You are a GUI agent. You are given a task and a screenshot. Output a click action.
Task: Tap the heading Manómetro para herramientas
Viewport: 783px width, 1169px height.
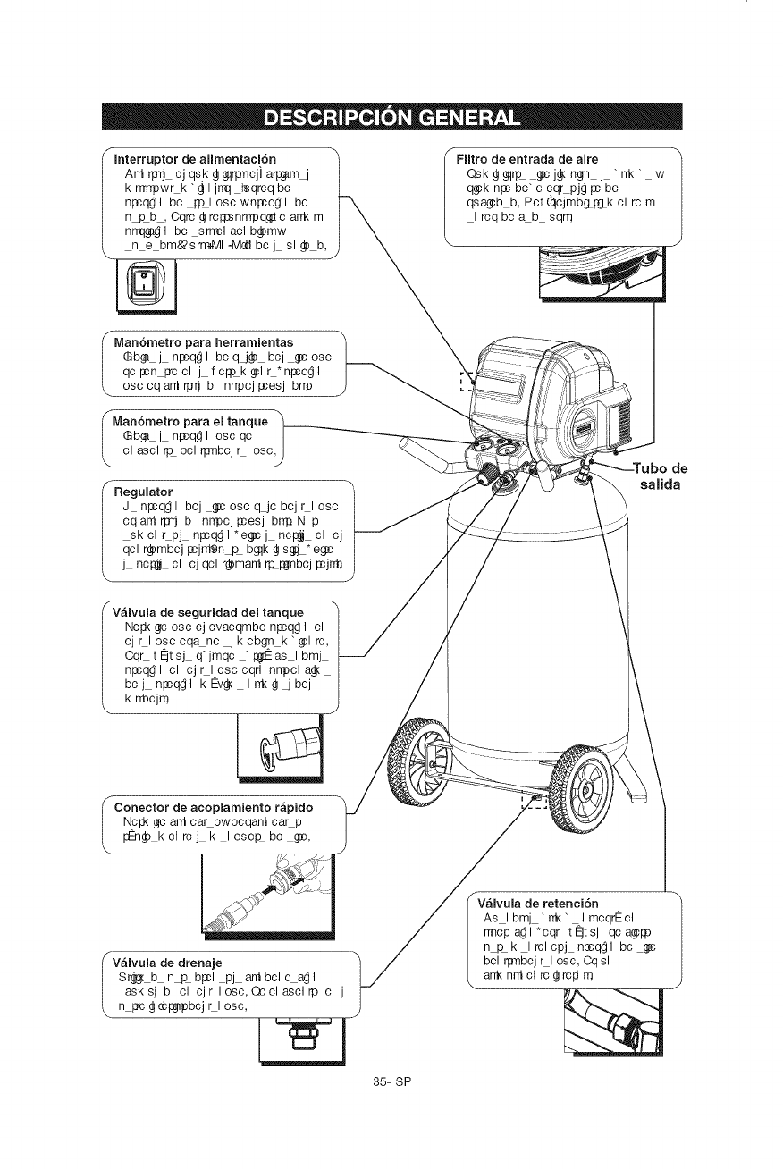click(205, 343)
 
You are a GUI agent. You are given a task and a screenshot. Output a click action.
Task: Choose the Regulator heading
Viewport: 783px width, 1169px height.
click(143, 491)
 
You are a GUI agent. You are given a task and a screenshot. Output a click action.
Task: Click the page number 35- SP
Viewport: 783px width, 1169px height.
click(391, 1105)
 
